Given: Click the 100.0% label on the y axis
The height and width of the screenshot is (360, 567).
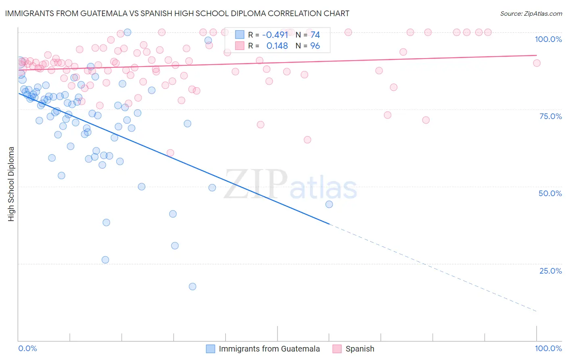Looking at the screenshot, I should (548, 39).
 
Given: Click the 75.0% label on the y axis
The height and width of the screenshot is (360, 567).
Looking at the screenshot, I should (550, 116).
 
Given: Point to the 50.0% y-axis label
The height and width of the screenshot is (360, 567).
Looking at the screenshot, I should (550, 193).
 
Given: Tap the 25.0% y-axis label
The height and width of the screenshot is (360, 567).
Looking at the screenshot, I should (550, 271).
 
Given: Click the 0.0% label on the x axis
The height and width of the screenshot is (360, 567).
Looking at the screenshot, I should (27, 348).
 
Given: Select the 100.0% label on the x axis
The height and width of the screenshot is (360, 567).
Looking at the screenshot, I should (548, 348).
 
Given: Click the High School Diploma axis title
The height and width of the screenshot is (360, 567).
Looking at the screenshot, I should (11, 184).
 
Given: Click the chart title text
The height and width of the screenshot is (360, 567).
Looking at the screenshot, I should (177, 13).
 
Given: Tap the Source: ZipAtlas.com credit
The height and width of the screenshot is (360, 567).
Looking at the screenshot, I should (531, 13).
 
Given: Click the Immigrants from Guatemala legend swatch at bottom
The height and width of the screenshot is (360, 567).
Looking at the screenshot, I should (211, 349).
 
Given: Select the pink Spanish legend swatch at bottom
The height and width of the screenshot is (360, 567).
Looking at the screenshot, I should (337, 349).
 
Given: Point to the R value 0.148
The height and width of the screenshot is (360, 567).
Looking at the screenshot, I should (277, 46).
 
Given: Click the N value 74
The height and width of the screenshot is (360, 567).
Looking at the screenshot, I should (315, 35).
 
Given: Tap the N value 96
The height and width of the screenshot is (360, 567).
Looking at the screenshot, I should (315, 46).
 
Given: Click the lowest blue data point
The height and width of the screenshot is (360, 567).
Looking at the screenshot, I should (192, 287).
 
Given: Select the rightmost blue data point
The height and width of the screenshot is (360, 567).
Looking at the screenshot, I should (329, 204).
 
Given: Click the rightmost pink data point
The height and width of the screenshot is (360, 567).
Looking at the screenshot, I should (537, 63).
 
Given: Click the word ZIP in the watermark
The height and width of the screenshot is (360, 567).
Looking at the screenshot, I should (255, 184).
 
